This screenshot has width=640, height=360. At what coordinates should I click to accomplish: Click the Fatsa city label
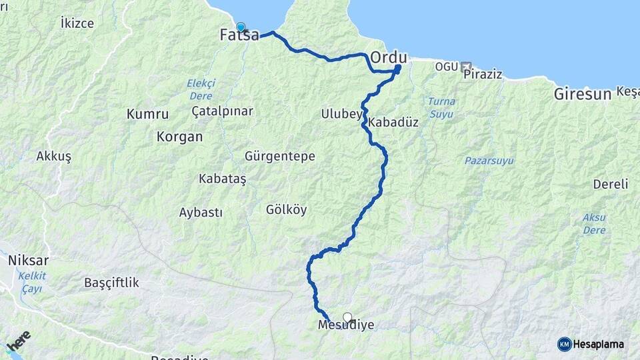(x=239, y=36)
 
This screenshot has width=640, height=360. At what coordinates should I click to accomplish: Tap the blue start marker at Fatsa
(x=241, y=27)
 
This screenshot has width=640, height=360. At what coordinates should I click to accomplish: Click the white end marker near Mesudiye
(x=347, y=317)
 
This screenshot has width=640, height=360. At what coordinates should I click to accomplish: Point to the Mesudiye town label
(x=346, y=325)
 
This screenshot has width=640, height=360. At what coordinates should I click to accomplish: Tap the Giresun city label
(x=582, y=94)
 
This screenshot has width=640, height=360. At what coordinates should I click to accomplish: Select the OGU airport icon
(x=465, y=67)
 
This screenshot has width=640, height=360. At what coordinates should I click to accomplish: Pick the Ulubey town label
(x=341, y=114)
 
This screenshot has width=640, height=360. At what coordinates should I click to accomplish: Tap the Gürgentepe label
(x=279, y=156)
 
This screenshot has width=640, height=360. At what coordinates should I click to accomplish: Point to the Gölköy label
(x=286, y=209)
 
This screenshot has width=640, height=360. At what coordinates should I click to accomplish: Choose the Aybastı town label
(x=201, y=213)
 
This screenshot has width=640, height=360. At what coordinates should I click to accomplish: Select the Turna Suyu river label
(x=439, y=107)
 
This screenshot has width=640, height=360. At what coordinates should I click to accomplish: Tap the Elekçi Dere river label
(x=201, y=89)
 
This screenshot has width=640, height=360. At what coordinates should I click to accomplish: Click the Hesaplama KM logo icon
(x=564, y=344)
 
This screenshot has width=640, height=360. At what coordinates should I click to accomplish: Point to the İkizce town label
(x=77, y=23)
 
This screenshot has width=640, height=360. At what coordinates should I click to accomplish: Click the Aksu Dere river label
(x=593, y=223)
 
